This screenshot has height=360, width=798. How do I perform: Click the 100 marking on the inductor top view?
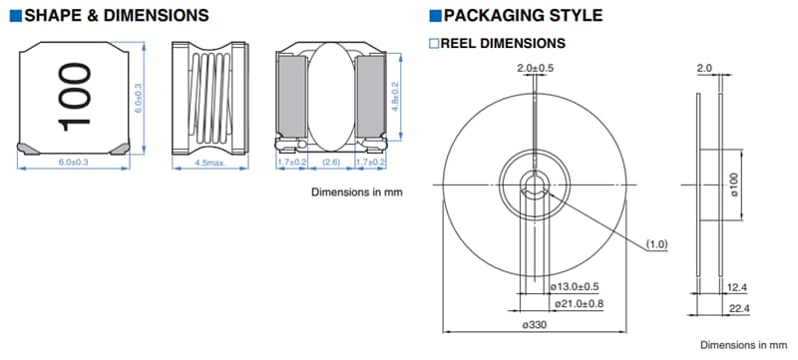(75, 97)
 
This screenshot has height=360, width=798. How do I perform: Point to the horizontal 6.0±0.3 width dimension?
(74, 162)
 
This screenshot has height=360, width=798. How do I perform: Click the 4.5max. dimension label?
(207, 163)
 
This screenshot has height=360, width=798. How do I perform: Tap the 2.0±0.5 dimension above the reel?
(536, 68)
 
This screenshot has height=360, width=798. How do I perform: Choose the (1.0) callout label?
(656, 243)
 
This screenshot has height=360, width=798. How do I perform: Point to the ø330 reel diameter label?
(537, 325)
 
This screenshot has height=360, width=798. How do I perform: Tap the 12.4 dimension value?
(739, 287)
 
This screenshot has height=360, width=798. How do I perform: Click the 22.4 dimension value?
(739, 310)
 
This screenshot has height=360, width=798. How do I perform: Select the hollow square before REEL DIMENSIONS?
(434, 43)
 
